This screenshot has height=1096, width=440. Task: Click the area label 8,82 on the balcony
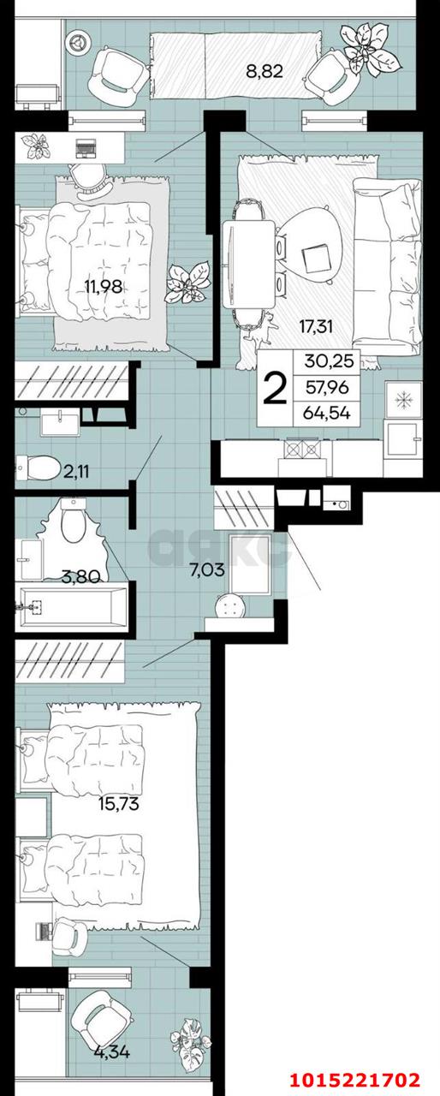click(265, 72)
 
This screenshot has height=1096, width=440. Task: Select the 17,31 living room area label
click(316, 325)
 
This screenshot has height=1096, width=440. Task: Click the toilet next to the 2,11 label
click(33, 468)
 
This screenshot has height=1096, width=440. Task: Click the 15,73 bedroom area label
click(119, 804)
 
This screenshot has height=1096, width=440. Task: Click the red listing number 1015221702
click(367, 1079)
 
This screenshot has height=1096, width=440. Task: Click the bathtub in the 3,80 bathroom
click(73, 608)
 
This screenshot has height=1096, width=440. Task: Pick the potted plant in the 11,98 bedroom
click(187, 279)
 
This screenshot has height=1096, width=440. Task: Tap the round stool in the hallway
click(229, 606)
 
